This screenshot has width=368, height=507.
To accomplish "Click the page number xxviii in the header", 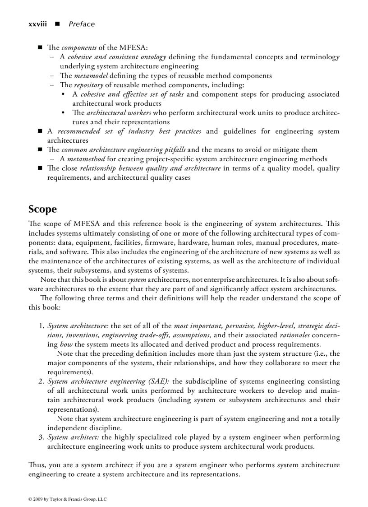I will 37,24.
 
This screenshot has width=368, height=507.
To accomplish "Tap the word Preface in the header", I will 82,24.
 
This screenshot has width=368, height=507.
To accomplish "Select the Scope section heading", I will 42,209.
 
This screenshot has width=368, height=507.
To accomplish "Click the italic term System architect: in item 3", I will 74,437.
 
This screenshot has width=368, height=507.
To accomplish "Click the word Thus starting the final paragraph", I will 36,465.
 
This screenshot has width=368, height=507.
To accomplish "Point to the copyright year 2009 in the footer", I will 38,499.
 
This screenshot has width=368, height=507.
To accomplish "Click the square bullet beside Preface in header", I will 57,24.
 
